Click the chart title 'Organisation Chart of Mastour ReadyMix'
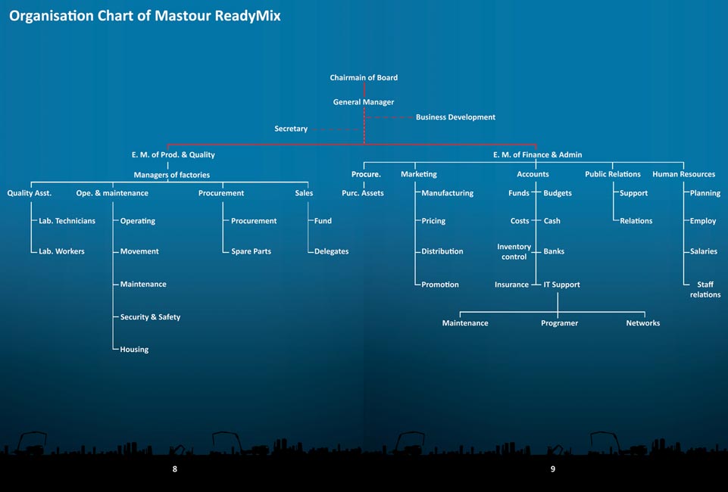click(145, 16)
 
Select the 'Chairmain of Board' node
click(364, 77)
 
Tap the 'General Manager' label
click(364, 102)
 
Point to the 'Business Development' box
click(455, 117)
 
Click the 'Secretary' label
click(291, 129)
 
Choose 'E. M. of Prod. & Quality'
click(173, 155)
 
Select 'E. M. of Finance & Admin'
click(537, 155)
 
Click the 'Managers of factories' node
click(172, 175)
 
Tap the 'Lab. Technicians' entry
click(67, 221)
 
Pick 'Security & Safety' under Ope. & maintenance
click(150, 317)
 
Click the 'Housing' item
click(134, 350)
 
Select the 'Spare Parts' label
click(252, 251)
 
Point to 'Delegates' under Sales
click(332, 251)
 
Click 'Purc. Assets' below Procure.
click(363, 193)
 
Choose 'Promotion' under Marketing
click(440, 285)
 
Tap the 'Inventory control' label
click(514, 252)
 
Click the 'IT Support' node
click(562, 285)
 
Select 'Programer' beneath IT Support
click(560, 323)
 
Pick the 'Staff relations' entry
click(705, 289)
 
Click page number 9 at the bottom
click(552, 469)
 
